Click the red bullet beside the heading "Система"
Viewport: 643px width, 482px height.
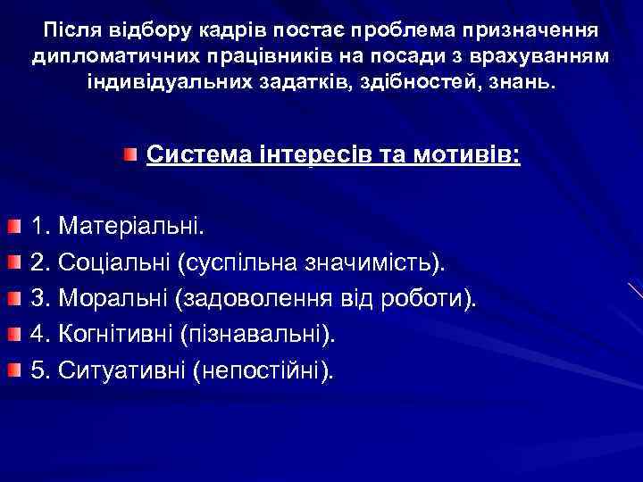[131, 155]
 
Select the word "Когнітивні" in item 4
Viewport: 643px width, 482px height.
[116, 334]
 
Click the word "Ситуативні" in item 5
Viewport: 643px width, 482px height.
[121, 370]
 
